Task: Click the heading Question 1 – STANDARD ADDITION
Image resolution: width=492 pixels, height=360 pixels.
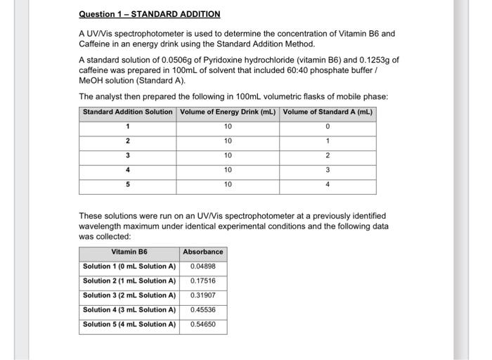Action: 149,14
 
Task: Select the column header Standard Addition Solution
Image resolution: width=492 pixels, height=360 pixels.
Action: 127,112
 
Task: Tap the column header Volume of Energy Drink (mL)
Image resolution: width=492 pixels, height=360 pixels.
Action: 228,112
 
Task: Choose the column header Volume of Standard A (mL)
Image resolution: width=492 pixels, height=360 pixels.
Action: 327,112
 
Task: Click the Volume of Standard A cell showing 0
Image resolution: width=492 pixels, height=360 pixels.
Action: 328,127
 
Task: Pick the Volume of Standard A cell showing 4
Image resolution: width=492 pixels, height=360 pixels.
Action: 328,185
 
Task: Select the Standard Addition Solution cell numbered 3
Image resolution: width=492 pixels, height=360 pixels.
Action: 127,155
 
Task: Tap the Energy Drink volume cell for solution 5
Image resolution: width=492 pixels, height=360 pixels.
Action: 228,185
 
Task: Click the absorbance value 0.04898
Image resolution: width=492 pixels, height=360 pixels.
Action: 203,266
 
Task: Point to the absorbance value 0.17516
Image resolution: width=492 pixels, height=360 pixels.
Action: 203,281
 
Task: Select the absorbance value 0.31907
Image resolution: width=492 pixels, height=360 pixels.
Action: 203,295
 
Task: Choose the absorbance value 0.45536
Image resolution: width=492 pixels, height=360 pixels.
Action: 203,310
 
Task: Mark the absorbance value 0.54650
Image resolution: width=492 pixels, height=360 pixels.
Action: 203,325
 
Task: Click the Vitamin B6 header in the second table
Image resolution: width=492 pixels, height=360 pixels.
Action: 129,252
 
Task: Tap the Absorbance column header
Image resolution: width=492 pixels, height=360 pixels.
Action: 203,252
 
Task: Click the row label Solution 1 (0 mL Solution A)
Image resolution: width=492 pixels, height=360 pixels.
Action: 129,266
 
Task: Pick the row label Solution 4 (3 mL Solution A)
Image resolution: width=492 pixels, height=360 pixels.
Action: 129,310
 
